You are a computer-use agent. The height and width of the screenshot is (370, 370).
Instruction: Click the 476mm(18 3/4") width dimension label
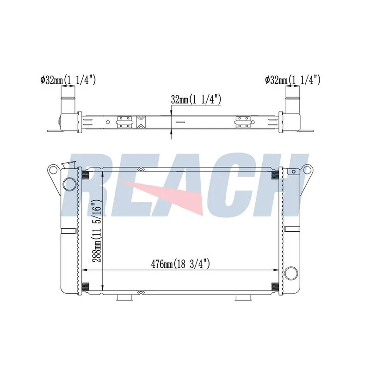click(180, 264)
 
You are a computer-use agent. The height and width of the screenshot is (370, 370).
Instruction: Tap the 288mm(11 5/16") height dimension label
click(97, 231)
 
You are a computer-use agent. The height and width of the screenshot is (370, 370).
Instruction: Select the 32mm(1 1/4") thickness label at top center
click(196, 99)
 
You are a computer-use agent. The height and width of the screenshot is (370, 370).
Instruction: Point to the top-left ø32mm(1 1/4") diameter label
click(68, 80)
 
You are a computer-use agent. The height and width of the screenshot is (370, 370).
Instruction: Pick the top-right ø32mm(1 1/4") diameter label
click(293, 80)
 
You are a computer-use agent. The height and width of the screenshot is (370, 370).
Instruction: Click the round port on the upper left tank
click(70, 184)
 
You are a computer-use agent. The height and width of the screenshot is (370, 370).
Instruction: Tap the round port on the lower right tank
click(291, 273)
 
